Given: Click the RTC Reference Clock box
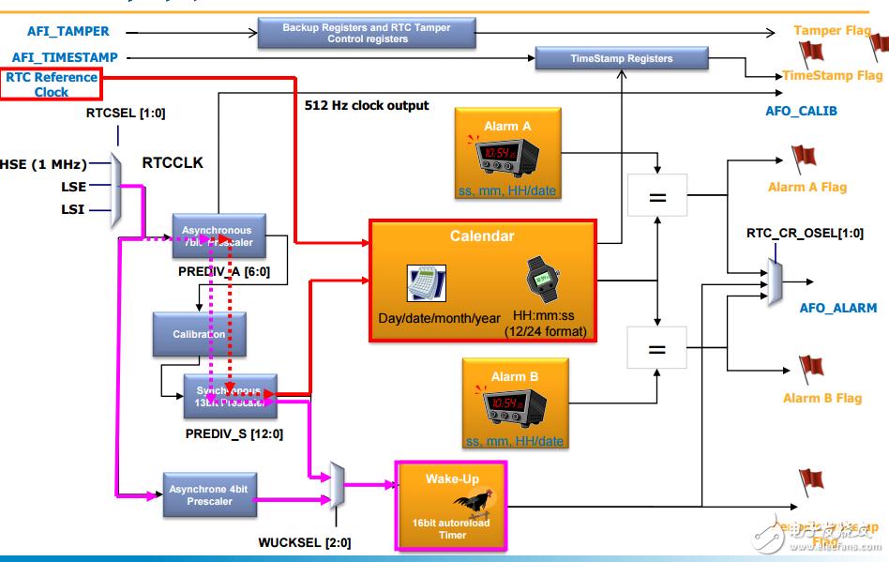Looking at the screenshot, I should [51, 84].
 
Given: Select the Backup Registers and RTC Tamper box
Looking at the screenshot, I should [366, 34].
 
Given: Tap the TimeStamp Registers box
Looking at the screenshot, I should [621, 58].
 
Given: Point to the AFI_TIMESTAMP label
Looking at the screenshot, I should [65, 57].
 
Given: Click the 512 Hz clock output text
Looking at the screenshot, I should [367, 105].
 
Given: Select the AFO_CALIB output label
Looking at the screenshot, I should [801, 111].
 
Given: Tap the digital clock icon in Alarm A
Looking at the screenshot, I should [505, 153].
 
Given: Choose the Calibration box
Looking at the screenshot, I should [199, 334].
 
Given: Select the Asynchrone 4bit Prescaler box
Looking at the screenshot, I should [209, 494].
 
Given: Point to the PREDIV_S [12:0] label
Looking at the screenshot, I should [234, 434].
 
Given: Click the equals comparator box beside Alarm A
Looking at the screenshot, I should [657, 197].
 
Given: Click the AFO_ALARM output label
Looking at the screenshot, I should [837, 308].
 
